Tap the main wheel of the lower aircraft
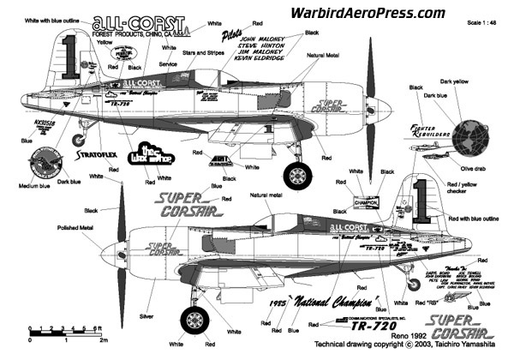tap(193, 323)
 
